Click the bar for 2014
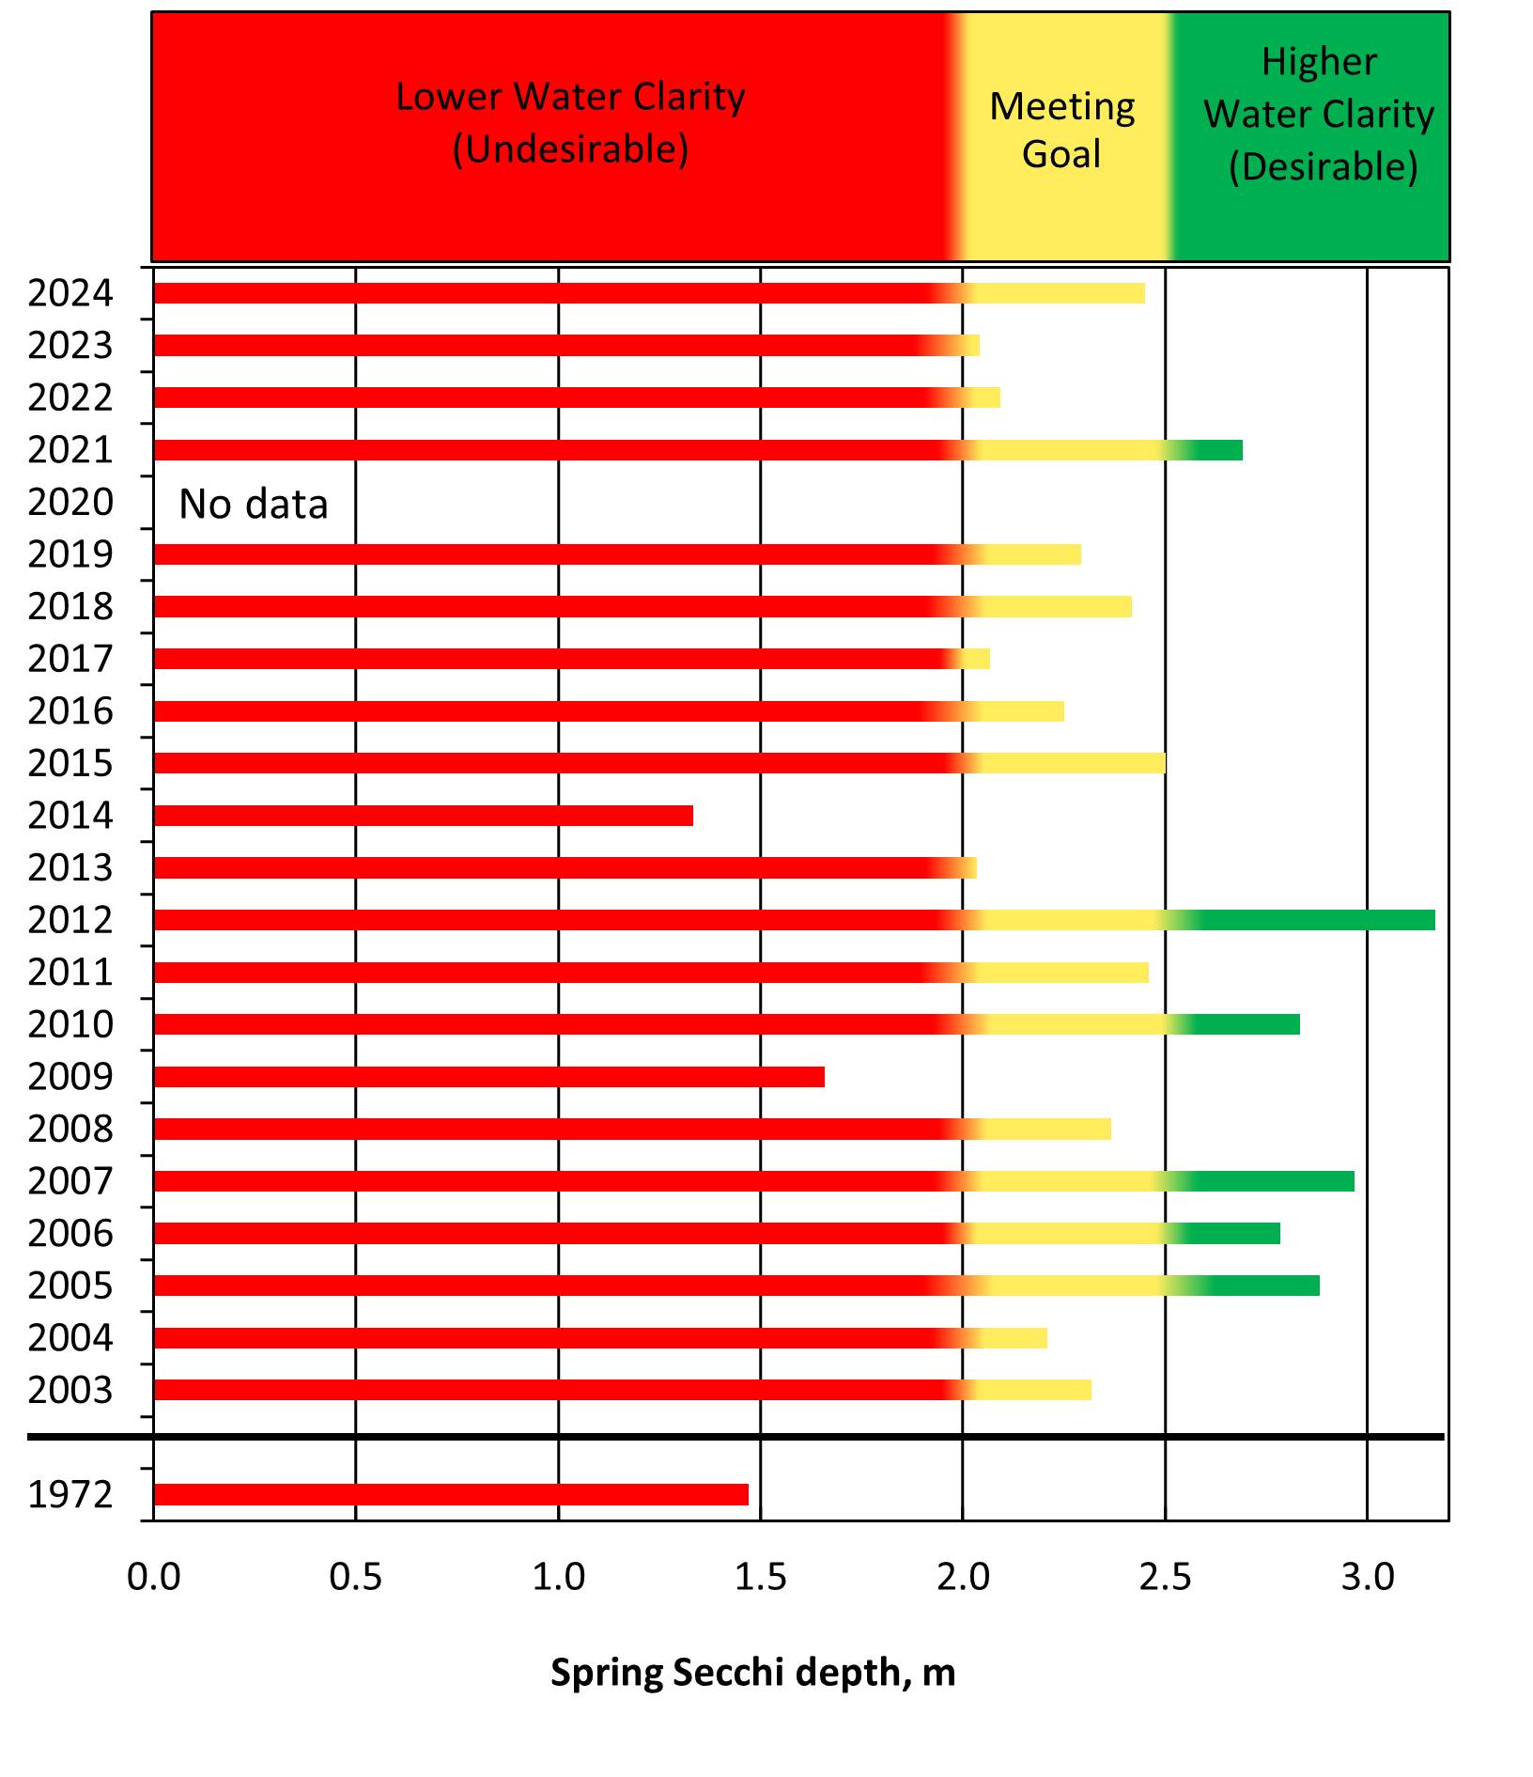[x=423, y=816]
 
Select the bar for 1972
[x=451, y=1494]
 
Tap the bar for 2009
[x=488, y=1077]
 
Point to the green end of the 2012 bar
[x=1315, y=920]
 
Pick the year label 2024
[x=70, y=294]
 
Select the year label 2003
[x=70, y=1390]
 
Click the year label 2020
[x=70, y=503]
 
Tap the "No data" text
[x=254, y=505]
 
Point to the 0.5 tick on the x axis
[x=356, y=1576]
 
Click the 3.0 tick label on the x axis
[x=1368, y=1576]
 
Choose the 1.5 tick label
[x=761, y=1576]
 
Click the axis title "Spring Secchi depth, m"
[x=752, y=1673]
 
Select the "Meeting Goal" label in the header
[x=1062, y=130]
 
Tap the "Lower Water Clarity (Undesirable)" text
[x=570, y=122]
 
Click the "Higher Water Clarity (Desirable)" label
[x=1320, y=114]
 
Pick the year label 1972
[x=70, y=1494]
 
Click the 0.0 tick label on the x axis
[x=154, y=1576]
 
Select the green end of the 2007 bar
[x=1277, y=1181]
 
